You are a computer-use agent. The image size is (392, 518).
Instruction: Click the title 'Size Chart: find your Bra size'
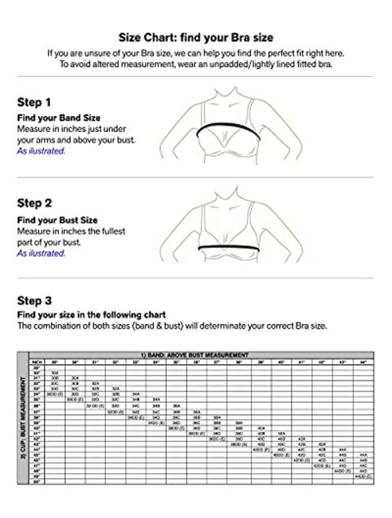tap(196, 37)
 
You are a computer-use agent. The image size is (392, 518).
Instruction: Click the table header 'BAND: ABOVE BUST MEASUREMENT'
tap(205, 356)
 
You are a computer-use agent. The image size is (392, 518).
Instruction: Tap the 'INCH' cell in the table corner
tap(34, 362)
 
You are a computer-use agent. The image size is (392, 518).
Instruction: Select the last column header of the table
tap(362, 362)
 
